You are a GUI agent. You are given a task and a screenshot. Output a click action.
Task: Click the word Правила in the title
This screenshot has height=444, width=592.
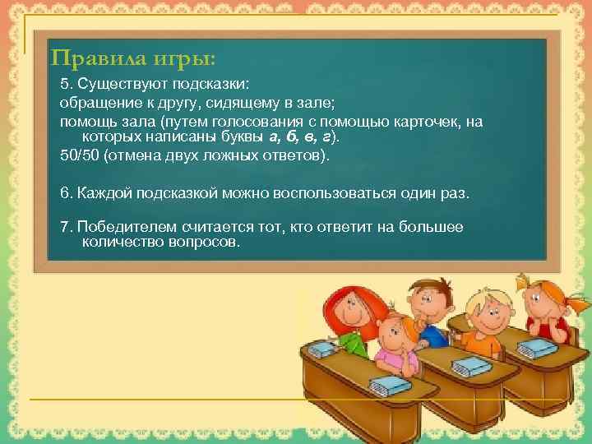coord(90,59)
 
